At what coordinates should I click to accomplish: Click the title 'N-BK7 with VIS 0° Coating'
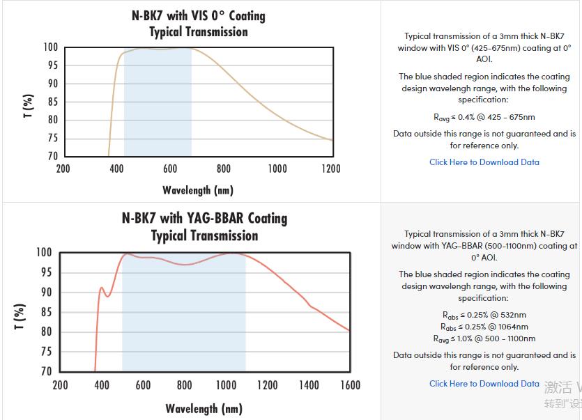[x=199, y=15]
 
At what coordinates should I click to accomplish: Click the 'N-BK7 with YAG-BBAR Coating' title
[x=204, y=218]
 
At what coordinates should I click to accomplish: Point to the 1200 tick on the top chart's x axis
[x=331, y=169]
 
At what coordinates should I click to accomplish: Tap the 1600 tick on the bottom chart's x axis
[x=350, y=385]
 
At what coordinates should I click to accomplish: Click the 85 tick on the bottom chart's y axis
[x=45, y=312]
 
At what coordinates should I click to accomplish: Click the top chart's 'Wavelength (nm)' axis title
[x=198, y=190]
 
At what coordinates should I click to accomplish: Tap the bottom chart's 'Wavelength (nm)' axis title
[x=205, y=408]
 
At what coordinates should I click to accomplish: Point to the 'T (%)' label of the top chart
[x=28, y=106]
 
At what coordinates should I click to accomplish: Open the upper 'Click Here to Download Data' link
[x=484, y=162]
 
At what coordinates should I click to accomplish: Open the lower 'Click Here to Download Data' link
[x=484, y=384]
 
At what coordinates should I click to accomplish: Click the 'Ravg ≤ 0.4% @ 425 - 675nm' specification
[x=484, y=118]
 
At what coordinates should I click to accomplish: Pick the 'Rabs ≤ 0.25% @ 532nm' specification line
[x=484, y=315]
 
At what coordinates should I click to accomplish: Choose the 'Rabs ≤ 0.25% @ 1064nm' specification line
[x=484, y=327]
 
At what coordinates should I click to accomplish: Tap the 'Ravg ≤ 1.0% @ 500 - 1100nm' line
[x=484, y=339]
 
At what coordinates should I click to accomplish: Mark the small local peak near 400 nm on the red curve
[x=102, y=287]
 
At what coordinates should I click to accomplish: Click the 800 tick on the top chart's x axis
[x=224, y=169]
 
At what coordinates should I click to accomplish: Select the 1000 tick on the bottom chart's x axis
[x=226, y=385]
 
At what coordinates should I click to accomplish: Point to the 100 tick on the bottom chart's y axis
[x=43, y=252]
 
